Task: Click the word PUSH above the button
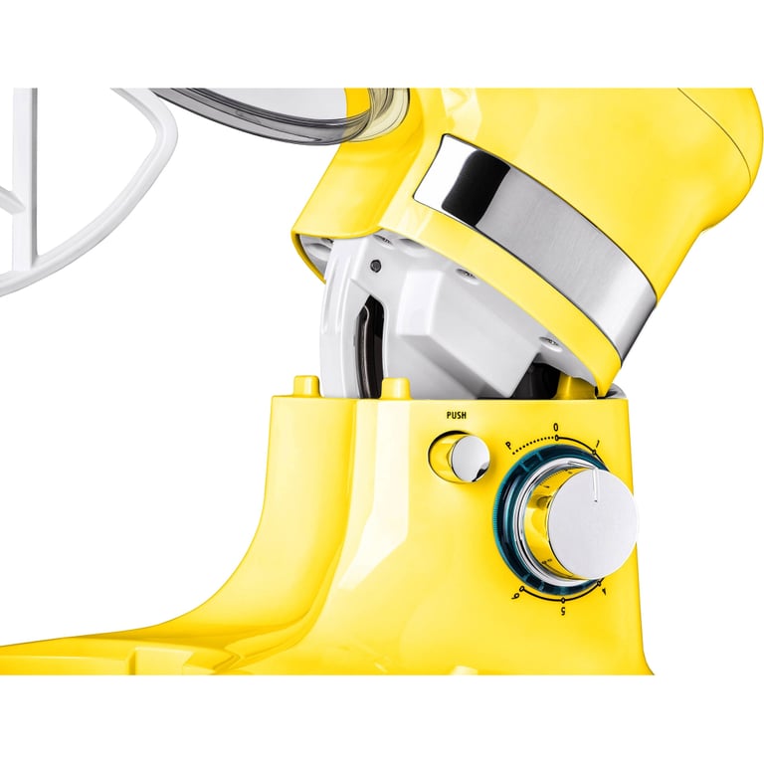[456, 415]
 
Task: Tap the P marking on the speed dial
[508, 445]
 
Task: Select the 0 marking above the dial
[556, 428]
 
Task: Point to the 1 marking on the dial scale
[597, 444]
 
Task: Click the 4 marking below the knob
[605, 591]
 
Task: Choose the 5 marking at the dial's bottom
[564, 611]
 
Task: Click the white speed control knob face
[593, 524]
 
